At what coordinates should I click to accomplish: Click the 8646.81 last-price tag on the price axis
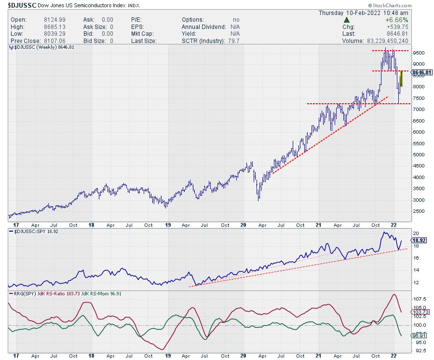pos(423,72)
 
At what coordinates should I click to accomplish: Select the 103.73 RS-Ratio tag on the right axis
pos(421,313)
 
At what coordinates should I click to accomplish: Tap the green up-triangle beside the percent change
pos(346,20)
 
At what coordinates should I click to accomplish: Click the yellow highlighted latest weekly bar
pos(401,78)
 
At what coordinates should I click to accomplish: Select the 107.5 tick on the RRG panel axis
pos(420,299)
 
